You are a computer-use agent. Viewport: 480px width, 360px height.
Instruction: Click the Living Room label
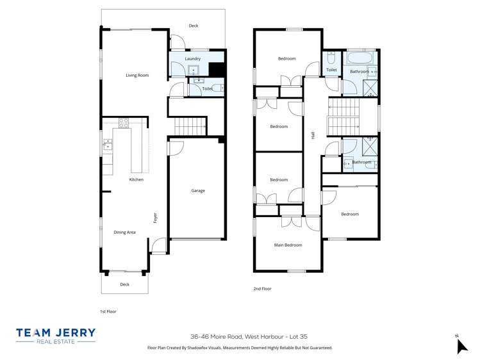click(x=137, y=76)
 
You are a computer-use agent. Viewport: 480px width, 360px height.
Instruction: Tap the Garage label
click(x=198, y=190)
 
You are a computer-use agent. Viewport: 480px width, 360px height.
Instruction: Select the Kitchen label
click(x=137, y=179)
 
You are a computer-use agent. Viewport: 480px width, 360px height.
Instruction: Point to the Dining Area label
click(x=124, y=232)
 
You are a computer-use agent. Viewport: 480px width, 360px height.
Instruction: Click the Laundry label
click(x=193, y=59)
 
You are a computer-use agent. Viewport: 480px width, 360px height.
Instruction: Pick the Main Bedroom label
click(x=288, y=245)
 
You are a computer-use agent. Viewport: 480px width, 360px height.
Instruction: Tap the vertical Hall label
click(x=313, y=135)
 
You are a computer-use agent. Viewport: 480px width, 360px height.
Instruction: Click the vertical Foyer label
click(x=155, y=218)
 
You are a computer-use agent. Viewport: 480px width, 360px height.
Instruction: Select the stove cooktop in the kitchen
click(x=124, y=122)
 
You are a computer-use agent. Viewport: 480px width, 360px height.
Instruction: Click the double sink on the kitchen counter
click(x=107, y=144)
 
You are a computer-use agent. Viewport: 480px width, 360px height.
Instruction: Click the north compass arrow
click(x=461, y=345)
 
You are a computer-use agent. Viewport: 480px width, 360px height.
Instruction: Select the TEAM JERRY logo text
click(x=56, y=333)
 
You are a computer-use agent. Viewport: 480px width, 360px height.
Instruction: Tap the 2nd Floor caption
click(x=262, y=289)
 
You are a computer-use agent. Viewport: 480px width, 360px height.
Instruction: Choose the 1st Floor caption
click(x=108, y=311)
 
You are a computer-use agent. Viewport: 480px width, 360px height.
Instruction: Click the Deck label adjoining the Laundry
click(x=194, y=26)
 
